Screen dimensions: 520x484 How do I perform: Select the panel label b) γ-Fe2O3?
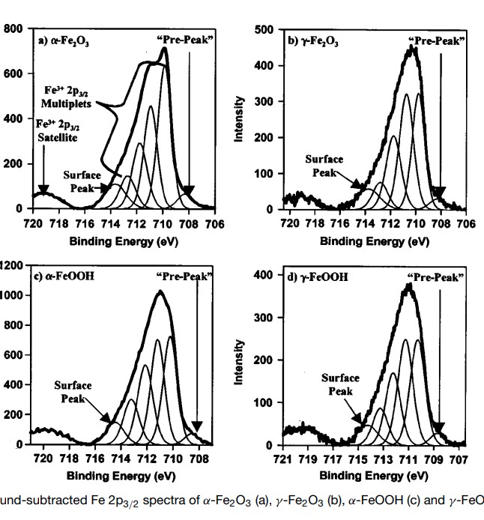point(313,43)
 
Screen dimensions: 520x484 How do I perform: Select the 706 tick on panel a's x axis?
point(214,222)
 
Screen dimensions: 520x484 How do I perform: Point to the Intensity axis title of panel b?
point(241,120)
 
